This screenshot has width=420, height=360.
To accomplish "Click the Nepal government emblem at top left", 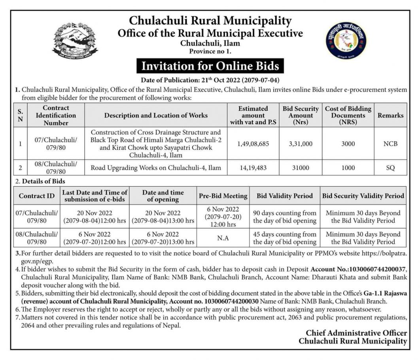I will click(x=75, y=41).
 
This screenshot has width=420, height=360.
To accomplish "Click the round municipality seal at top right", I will click(x=346, y=41).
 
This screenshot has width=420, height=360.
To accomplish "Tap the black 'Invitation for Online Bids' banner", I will click(x=210, y=65).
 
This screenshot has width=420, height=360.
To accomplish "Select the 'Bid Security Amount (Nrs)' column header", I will click(x=301, y=116).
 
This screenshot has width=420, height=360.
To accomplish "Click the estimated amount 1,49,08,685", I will click(x=253, y=144).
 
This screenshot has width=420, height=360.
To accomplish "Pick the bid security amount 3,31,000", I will click(x=301, y=144).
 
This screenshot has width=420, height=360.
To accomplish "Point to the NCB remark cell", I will click(x=390, y=144).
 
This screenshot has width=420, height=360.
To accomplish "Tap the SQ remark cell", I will click(x=390, y=168).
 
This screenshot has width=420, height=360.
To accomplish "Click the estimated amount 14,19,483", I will click(x=253, y=168).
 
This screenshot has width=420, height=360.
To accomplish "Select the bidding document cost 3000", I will click(x=348, y=144).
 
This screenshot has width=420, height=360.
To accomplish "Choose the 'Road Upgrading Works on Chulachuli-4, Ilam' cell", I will click(x=156, y=168).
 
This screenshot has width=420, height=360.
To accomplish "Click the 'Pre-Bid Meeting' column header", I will click(x=223, y=196).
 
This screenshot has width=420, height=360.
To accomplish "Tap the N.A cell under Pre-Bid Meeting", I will click(x=223, y=238).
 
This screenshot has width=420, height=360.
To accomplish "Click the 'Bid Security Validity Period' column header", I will click(x=363, y=196).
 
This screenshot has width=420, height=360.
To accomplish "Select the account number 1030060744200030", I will click(x=225, y=301).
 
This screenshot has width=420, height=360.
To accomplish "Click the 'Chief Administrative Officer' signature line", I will click(x=356, y=333).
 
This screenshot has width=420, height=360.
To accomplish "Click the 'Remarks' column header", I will click(x=390, y=116).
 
